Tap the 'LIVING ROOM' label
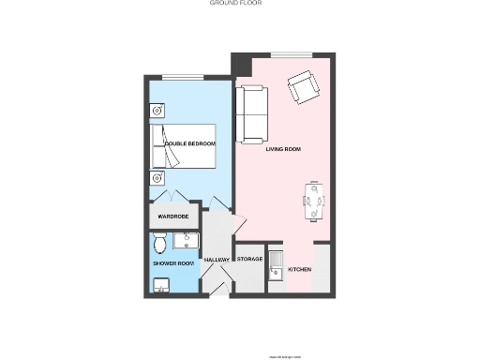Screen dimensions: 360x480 282,148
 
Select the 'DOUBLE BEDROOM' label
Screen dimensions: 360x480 190,143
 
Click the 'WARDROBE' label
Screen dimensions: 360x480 173,217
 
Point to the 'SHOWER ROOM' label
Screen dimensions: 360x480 172,263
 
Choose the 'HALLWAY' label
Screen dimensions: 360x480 217,260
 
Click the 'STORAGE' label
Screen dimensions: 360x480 249,259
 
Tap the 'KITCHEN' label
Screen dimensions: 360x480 300,270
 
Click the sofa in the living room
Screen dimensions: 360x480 251,114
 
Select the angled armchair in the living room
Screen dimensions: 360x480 303,88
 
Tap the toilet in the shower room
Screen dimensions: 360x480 161,244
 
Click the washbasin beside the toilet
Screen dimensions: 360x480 186,240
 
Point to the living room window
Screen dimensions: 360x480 286,52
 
